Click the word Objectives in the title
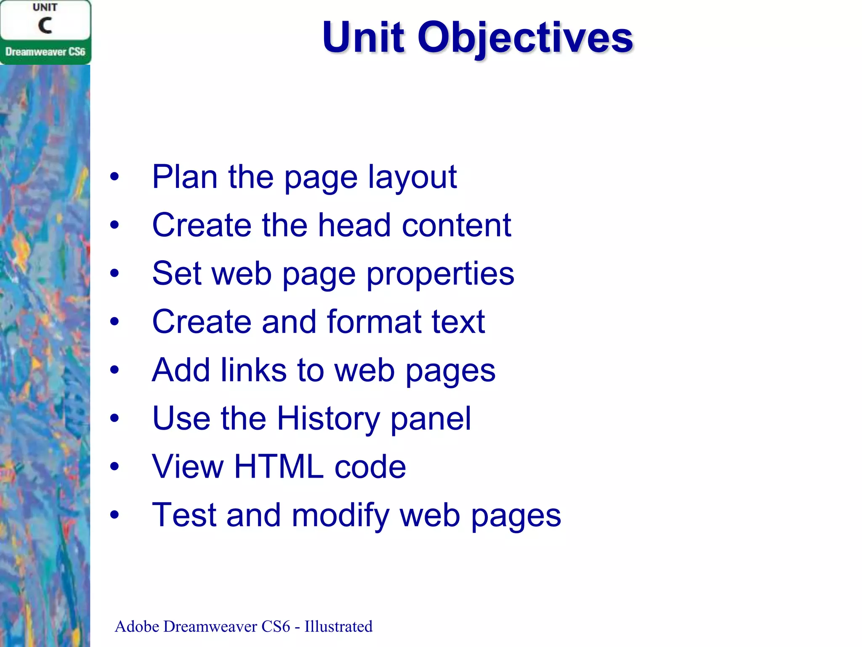(525, 38)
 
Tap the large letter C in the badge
(45, 26)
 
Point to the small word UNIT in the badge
(45, 8)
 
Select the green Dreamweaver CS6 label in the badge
(45, 52)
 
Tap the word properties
(440, 274)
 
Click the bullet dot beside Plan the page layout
(114, 177)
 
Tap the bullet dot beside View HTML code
(114, 467)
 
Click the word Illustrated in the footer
(338, 626)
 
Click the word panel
(430, 419)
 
